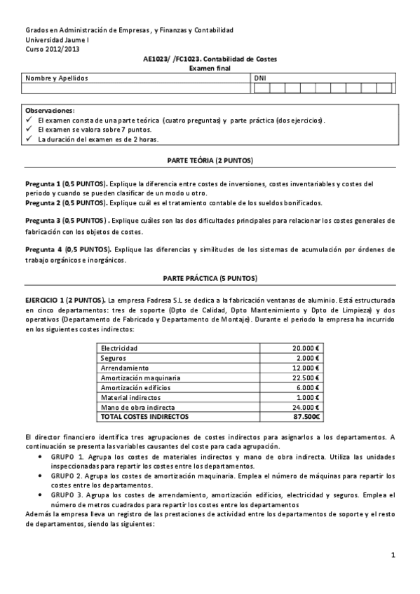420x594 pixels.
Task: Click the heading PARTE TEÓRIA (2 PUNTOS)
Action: click(210, 160)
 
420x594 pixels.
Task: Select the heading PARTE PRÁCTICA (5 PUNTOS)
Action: click(210, 278)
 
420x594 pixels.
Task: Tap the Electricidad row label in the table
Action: click(119, 348)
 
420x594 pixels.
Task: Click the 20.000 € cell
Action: click(306, 348)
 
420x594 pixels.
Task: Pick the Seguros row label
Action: click(114, 358)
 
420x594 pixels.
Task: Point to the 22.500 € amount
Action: click(306, 378)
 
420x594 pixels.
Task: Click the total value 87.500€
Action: click(306, 416)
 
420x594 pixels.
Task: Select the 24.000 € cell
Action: click(306, 406)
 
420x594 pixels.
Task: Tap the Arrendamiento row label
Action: click(125, 368)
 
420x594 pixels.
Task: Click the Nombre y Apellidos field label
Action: click(57, 78)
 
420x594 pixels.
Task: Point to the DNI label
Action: click(261, 78)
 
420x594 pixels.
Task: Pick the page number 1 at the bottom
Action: click(394, 555)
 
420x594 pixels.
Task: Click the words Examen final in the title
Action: click(210, 68)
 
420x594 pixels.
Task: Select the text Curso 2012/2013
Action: click(53, 50)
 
